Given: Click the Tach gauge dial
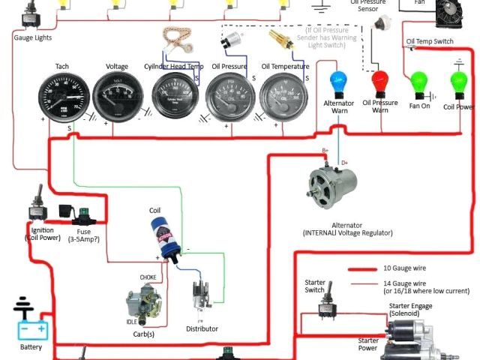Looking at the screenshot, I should [63, 97].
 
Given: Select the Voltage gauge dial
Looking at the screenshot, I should [117, 97].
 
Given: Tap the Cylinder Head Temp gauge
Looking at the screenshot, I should [174, 97].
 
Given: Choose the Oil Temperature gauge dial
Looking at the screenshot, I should [283, 97].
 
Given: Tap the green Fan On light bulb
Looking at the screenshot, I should [417, 82].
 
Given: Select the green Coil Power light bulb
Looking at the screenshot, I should [459, 82].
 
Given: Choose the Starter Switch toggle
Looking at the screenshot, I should [325, 307].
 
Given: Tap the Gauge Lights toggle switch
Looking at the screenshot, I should [31, 12].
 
